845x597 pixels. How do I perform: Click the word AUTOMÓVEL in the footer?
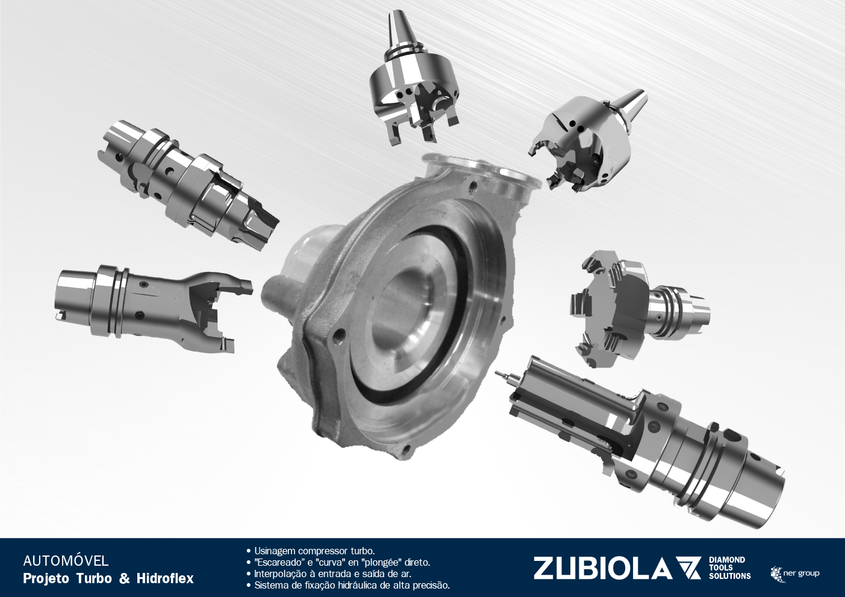click(x=66, y=561)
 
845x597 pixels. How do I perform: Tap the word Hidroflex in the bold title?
click(x=165, y=578)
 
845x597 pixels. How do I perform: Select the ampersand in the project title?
click(x=124, y=578)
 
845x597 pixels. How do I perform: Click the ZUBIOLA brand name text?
click(x=602, y=568)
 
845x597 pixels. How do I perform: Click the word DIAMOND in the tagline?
click(x=727, y=560)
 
